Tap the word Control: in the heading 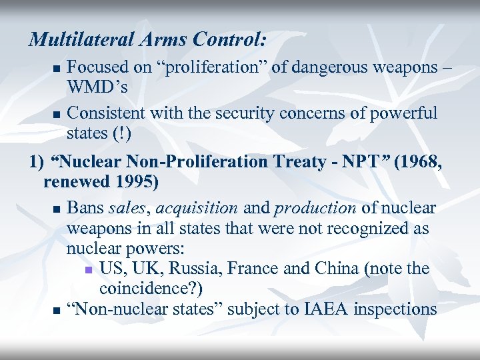point(228,39)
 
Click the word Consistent point(107,113)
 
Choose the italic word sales point(125,208)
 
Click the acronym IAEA point(325,309)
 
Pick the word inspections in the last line point(395,309)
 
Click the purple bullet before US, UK point(88,270)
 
